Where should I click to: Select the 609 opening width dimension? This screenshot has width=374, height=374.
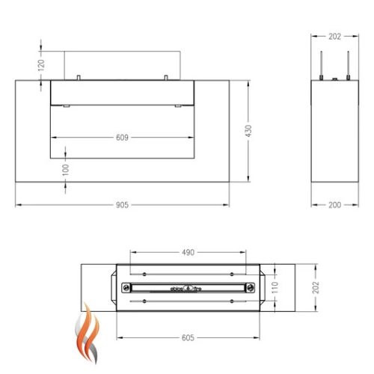[123, 138]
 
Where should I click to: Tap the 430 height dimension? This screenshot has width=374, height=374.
[258, 130]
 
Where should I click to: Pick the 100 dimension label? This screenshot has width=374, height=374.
[66, 171]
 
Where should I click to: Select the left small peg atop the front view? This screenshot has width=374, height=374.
[79, 76]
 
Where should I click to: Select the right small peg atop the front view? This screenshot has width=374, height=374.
[165, 76]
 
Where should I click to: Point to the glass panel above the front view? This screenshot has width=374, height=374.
[123, 64]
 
